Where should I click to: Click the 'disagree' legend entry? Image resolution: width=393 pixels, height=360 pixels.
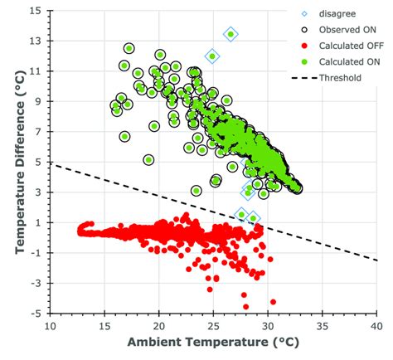(337, 13)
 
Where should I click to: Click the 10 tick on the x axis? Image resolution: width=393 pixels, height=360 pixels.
(51, 325)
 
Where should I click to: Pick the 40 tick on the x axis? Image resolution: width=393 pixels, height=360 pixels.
(376, 325)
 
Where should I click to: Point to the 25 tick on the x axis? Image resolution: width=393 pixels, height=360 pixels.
(213, 325)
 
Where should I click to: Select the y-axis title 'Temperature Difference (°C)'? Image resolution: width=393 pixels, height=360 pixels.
(12, 162)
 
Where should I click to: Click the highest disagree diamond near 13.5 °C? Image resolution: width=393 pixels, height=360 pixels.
(230, 34)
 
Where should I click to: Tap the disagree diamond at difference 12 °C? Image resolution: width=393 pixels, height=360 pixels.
(212, 56)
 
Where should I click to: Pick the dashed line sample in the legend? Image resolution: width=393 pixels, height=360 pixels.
(305, 77)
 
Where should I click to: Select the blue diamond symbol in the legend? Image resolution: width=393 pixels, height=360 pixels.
(305, 13)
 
